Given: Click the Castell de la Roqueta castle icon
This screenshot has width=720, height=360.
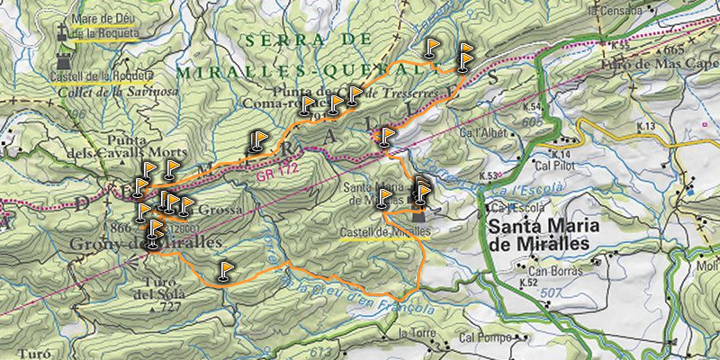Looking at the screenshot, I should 64,61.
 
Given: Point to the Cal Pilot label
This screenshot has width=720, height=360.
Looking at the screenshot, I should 553,166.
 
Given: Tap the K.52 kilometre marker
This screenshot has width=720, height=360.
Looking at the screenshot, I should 528,283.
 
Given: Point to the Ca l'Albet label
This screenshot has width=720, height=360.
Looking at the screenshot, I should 478,132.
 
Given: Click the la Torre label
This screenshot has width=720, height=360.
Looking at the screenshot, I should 410,333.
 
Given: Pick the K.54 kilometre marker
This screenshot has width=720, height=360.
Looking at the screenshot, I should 531,107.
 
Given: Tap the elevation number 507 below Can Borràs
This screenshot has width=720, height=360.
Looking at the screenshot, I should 553,292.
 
